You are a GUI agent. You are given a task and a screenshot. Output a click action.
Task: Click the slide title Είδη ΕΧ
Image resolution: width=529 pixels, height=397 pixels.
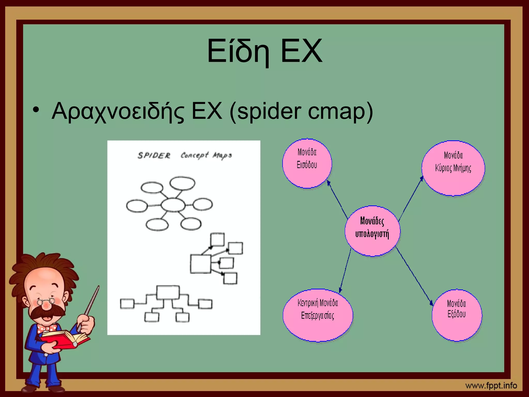(x=264, y=51)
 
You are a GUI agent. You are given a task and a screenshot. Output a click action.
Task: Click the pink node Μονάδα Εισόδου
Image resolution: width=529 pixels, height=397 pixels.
(x=307, y=163)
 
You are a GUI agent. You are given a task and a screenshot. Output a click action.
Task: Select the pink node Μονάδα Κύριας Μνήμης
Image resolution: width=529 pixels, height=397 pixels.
(x=453, y=168)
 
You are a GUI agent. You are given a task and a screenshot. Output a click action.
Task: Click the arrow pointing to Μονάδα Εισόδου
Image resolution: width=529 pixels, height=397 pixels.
(x=337, y=199)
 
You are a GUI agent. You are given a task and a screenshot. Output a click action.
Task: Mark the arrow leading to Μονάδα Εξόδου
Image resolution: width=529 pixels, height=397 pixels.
(x=415, y=277)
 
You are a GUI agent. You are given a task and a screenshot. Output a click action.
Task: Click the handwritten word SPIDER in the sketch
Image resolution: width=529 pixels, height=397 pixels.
(x=154, y=156)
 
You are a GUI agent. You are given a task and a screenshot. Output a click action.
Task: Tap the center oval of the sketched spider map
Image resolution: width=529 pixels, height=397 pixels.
(x=173, y=205)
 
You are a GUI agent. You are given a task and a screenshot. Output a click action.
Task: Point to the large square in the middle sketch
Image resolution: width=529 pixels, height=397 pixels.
(x=200, y=264)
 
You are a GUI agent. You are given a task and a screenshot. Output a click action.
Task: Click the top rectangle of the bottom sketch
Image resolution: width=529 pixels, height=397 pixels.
(x=168, y=292)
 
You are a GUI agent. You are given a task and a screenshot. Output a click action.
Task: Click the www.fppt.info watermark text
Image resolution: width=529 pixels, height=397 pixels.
(x=491, y=386)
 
